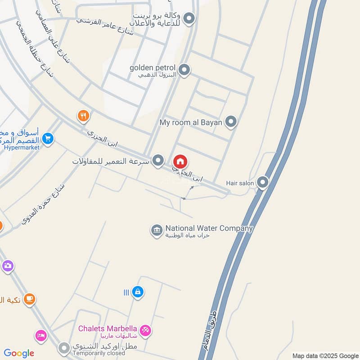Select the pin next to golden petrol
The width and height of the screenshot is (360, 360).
(184, 70)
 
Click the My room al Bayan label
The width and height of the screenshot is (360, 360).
(191, 122)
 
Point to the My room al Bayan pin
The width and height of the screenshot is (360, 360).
(231, 122)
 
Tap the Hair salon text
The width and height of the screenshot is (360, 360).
(240, 183)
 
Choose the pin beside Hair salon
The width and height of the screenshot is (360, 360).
(262, 182)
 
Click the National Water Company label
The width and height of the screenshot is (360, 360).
(209, 229)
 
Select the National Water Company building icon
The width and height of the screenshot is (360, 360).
(156, 230)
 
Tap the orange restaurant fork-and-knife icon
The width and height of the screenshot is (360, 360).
(83, 116)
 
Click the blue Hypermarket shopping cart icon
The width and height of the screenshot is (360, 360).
(48, 138)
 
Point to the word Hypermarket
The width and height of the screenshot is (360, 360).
(22, 147)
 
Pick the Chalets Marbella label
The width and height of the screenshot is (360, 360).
(108, 328)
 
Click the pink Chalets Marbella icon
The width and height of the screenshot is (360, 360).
(145, 331)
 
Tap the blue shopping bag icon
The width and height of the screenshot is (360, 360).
(138, 292)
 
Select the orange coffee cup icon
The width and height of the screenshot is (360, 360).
(29, 298)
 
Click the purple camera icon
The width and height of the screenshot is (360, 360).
(7, 266)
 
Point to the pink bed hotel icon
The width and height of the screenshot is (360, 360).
(41, 336)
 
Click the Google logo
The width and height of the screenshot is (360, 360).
(19, 353)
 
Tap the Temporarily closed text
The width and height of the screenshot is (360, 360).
(95, 354)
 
